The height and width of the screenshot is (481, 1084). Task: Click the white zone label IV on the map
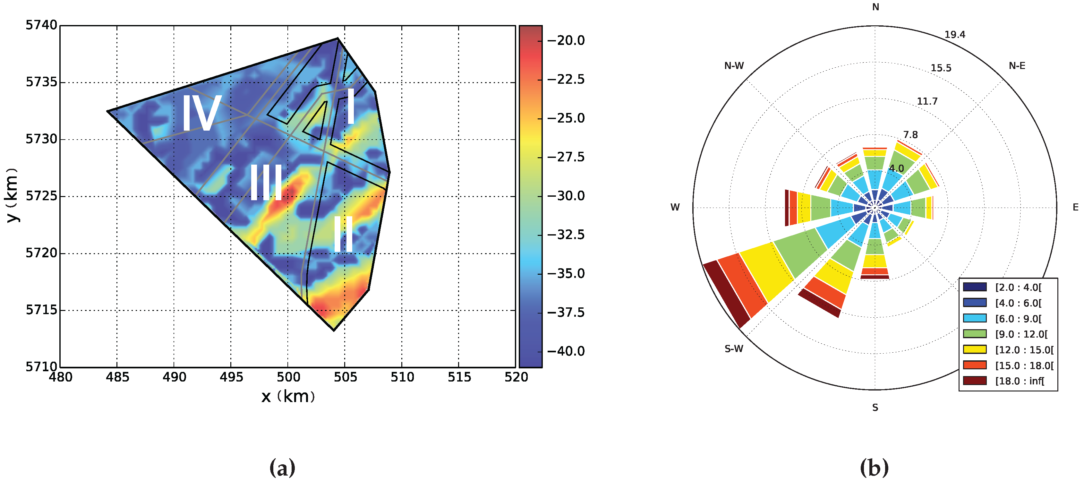point(201,113)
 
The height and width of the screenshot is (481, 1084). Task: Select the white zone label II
point(343,234)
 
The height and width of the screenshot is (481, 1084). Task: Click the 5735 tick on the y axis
point(41,82)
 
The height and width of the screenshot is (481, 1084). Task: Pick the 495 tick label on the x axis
point(231,377)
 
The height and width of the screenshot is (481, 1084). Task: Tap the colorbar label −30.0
point(566,196)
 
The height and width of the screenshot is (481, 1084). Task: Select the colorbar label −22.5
point(566,79)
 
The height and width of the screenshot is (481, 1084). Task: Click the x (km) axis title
point(288,396)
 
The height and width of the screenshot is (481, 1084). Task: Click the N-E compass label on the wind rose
point(1017,66)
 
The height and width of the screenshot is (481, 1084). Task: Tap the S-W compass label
point(733,349)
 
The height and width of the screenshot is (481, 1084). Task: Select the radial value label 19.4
point(955,35)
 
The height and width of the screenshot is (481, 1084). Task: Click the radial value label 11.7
point(927,101)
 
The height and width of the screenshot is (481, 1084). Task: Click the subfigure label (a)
point(282,468)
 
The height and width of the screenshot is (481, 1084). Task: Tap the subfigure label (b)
point(875,468)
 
